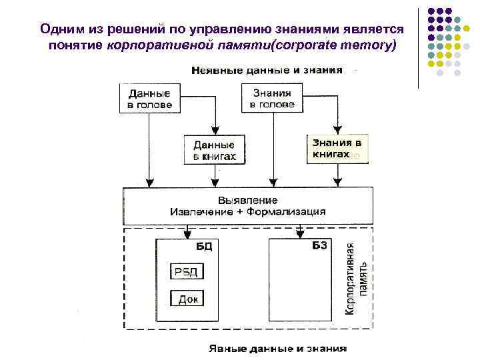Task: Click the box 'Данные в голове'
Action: coord(150,99)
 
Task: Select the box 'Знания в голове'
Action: coord(272,99)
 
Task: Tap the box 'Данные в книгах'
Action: coord(214,150)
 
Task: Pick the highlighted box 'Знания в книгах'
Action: coord(337,149)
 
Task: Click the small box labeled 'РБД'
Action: coord(186,271)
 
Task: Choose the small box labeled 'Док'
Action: coord(187,299)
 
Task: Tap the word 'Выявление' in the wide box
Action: coord(247,199)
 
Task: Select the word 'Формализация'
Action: coord(287,211)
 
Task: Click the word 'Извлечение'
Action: coord(199,211)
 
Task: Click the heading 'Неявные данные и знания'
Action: coord(267,69)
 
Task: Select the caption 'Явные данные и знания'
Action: coord(278,348)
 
